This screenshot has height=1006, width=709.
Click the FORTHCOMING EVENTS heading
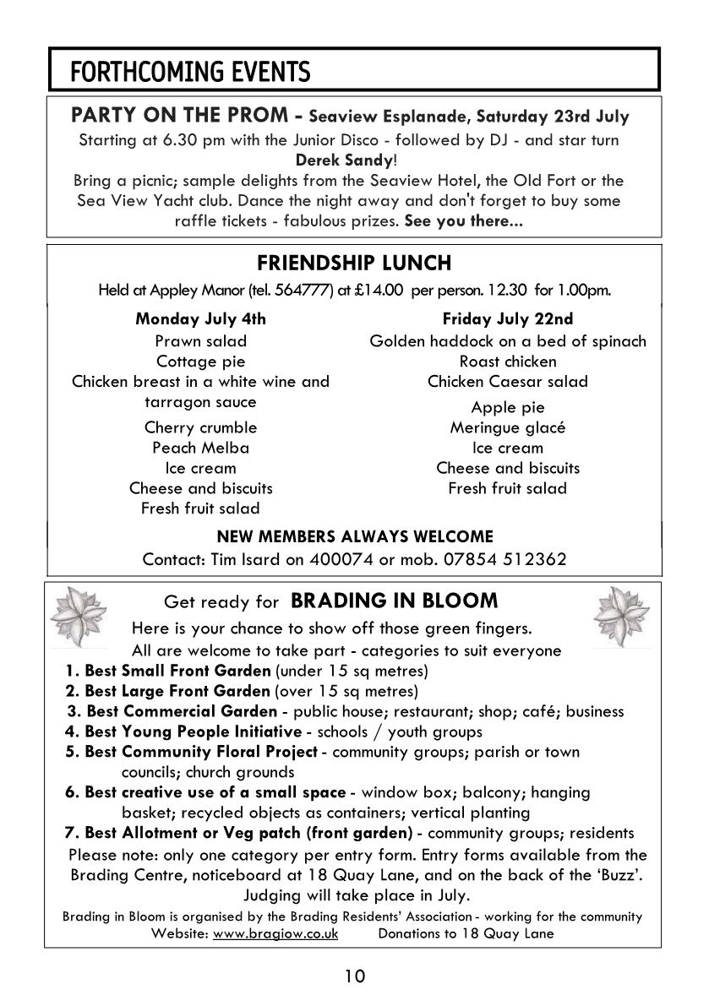coord(190,73)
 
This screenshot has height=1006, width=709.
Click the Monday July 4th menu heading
coord(200,319)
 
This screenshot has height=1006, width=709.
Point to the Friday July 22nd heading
coord(507,319)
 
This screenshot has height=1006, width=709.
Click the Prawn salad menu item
coord(200,341)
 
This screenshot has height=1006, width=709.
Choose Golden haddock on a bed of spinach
coord(507,341)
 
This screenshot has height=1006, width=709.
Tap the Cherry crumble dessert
coord(200,427)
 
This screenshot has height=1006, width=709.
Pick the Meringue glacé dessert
coord(507,427)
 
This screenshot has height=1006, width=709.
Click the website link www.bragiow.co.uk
coord(275,933)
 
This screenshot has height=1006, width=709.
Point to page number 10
coord(354,977)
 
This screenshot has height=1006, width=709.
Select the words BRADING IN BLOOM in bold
coord(394,601)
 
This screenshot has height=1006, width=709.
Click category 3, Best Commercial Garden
coord(182,711)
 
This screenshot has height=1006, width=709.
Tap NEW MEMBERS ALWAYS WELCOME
coord(354,536)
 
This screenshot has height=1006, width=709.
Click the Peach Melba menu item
coord(200,448)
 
